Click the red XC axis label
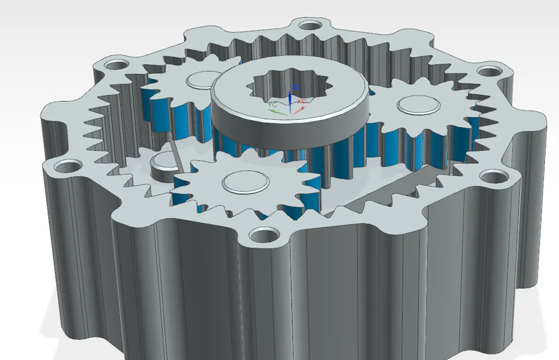302,102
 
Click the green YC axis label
272,105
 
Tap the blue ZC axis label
296,88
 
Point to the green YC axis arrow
278,110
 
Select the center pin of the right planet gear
418,105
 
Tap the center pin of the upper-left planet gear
202,79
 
